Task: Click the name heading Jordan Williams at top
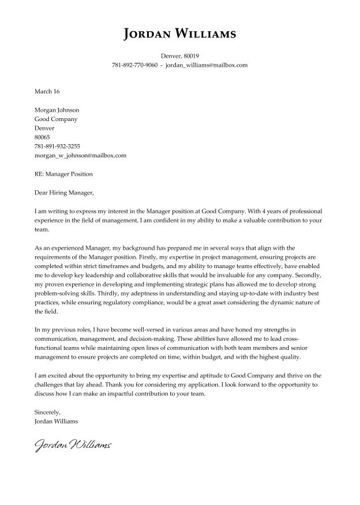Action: [x=179, y=34]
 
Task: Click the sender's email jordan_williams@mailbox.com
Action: [x=206, y=65]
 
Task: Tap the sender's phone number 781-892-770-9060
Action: [x=134, y=65]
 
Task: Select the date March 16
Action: [x=47, y=92]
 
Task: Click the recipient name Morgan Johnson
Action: [x=57, y=110]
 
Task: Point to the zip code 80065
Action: [x=42, y=137]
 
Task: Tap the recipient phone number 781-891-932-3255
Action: [x=57, y=146]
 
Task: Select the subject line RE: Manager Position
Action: [x=63, y=174]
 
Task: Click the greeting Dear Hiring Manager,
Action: [x=63, y=193]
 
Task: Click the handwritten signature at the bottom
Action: [x=73, y=445]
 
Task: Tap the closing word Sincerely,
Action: [x=47, y=412]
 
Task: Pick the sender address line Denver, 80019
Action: [x=179, y=56]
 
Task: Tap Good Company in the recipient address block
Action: [x=56, y=119]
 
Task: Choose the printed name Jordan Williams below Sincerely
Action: [x=57, y=421]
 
